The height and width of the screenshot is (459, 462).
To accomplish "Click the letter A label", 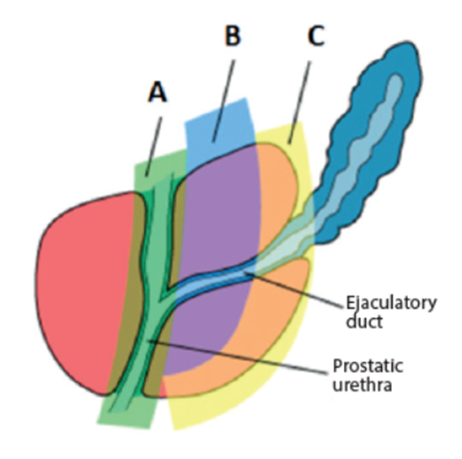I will point(158,95).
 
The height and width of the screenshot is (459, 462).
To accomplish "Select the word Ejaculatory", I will point(392,304).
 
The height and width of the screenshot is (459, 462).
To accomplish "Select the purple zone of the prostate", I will point(211,218).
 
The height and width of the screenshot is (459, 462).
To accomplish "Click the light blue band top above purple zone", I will point(218,125).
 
